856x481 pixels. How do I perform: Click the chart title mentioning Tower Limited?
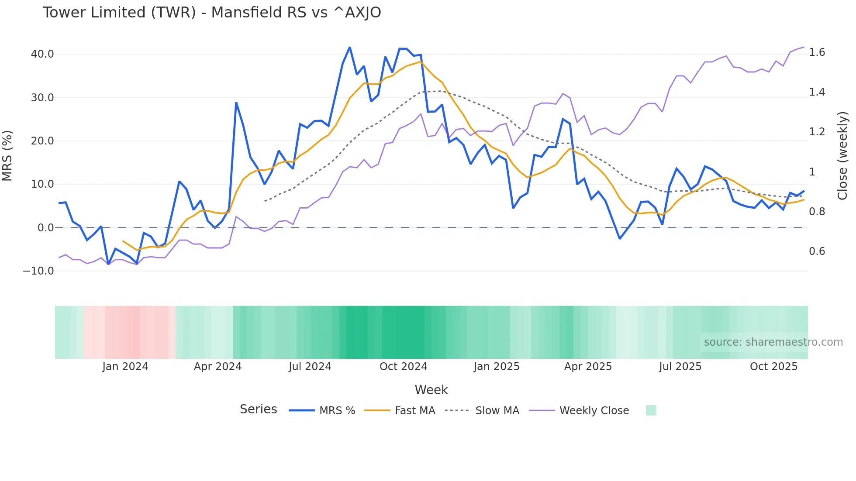212,13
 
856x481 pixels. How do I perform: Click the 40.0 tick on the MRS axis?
42,54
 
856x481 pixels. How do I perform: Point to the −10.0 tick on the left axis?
38,271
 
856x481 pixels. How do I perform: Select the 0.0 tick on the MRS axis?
46,228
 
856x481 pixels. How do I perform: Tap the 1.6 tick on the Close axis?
817,52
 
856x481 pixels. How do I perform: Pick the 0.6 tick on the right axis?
817,251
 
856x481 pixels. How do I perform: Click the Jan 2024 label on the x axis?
125,367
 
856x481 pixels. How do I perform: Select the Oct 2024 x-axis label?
403,367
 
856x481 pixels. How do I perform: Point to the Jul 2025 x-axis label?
680,367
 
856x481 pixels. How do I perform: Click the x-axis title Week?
431,390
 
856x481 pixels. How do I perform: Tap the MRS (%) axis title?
7,155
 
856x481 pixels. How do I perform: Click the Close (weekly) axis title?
842,155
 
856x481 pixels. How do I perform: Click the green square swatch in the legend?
651,410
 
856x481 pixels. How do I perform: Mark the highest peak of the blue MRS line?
350,48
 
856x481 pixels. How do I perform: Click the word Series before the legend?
258,409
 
